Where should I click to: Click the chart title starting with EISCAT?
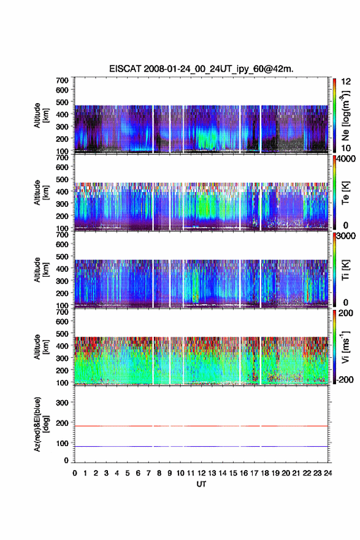201,69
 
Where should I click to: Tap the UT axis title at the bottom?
201,484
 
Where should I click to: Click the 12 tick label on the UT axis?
201,473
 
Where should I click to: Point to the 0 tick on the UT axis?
75,473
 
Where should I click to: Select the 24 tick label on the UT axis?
327,473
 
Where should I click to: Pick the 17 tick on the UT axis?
254,473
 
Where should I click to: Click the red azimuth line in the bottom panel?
201,426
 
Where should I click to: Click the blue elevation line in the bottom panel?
201,446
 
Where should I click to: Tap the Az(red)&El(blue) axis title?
41,424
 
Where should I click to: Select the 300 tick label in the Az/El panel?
63,403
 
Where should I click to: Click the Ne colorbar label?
345,116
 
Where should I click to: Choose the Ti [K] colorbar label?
345,269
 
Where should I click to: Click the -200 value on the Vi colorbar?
345,379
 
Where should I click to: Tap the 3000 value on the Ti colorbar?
346,236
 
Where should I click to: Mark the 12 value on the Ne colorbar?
346,82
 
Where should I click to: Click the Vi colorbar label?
345,347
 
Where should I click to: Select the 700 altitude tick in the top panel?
63,80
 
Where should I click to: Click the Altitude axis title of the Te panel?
41,193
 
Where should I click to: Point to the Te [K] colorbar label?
345,193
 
